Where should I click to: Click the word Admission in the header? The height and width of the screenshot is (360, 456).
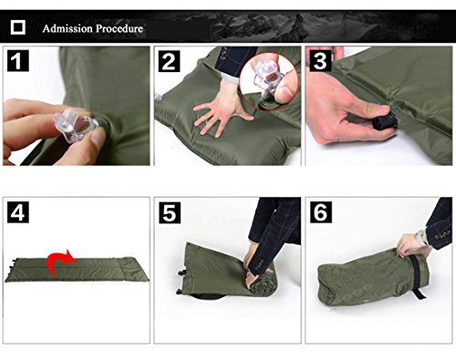pyautogui.click(x=67, y=28)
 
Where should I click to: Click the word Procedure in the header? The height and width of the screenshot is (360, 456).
pyautogui.click(x=119, y=28)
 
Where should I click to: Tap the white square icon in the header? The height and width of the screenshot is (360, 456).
pyautogui.click(x=18, y=27)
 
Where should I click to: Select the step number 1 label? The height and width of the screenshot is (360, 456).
pyautogui.click(x=18, y=61)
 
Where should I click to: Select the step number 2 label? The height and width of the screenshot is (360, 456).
pyautogui.click(x=169, y=61)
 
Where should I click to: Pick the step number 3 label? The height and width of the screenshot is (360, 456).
pyautogui.click(x=320, y=61)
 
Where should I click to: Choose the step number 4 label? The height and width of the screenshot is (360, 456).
pyautogui.click(x=18, y=212)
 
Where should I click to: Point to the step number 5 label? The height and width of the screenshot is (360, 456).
pyautogui.click(x=170, y=212)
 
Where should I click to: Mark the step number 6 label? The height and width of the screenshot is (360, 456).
pyautogui.click(x=321, y=211)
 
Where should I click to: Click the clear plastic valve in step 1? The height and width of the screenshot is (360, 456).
pyautogui.click(x=75, y=125)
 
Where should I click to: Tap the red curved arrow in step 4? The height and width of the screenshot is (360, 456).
pyautogui.click(x=59, y=263)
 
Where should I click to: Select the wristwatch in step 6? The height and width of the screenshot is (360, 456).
pyautogui.click(x=420, y=237)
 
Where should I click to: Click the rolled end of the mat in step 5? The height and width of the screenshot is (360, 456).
pyautogui.click(x=261, y=283)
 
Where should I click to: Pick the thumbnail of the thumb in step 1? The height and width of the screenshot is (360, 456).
pyautogui.click(x=98, y=139)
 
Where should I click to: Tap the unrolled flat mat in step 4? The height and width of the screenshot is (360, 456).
pyautogui.click(x=77, y=270)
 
